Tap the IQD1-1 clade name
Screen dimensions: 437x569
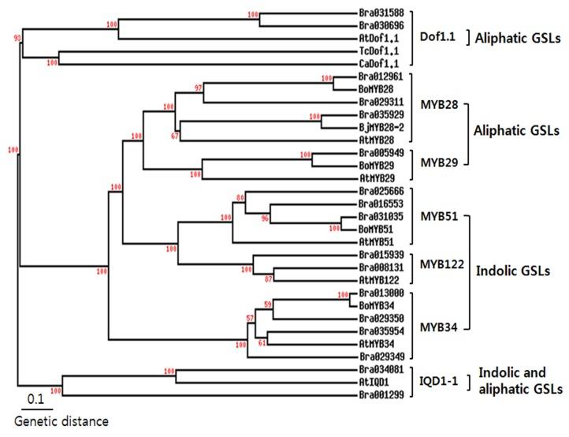[440, 380]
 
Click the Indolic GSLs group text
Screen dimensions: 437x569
[511, 270]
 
